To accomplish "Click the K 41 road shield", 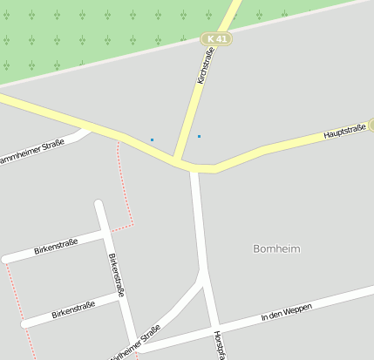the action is [x=215, y=39].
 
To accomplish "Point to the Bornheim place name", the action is [x=276, y=248].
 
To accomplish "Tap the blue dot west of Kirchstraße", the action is [x=152, y=139].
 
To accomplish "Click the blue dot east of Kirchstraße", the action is [x=199, y=136].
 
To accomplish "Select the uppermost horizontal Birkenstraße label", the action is [x=56, y=246].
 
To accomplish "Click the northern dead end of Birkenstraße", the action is [x=99, y=205].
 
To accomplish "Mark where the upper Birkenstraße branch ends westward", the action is [x=7, y=259].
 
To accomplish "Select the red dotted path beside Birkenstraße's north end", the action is [x=126, y=187].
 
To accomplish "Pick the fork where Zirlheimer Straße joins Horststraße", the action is [x=204, y=277].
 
